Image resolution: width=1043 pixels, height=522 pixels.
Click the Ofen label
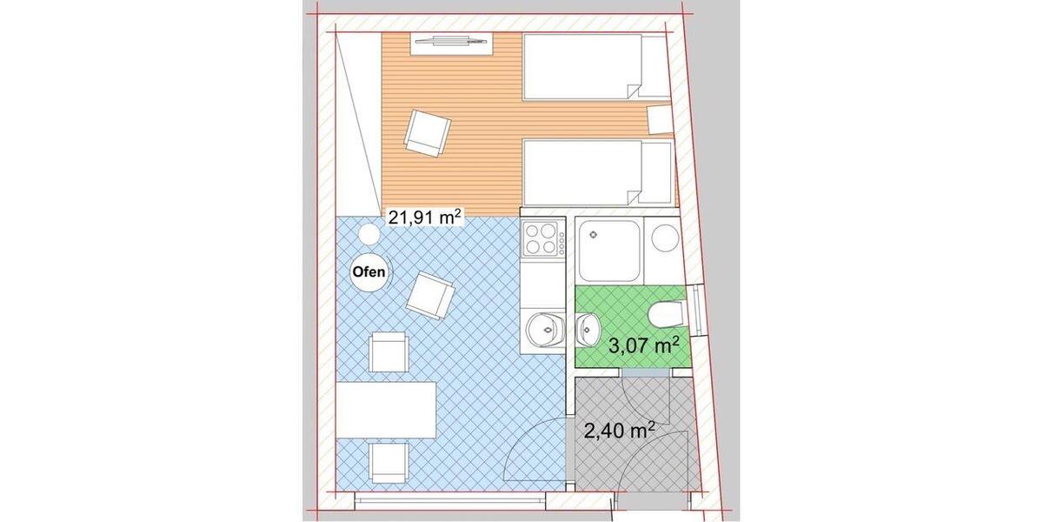coord(369,271)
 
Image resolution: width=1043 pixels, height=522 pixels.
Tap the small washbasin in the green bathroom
coord(588,327)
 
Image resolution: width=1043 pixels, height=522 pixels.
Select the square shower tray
coord(608,250)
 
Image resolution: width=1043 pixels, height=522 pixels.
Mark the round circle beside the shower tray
coord(665,238)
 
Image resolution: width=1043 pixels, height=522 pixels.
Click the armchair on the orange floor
coord(427,132)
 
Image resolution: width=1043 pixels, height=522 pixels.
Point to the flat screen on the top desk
coord(451,40)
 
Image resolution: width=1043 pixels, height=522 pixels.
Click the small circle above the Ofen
coord(369,234)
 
